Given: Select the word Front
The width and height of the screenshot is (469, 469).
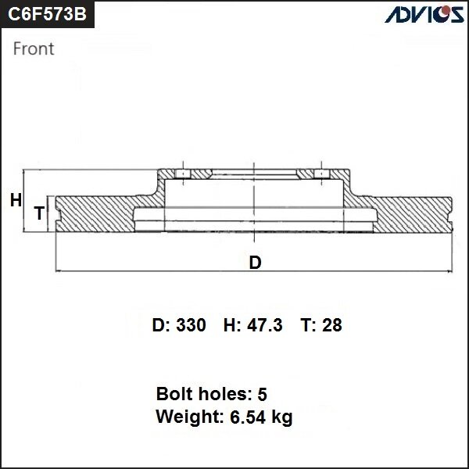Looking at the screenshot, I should (34, 48).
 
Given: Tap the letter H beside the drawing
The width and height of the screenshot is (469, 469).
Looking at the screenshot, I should (16, 201).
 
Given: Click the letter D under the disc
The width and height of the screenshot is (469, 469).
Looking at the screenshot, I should (255, 263).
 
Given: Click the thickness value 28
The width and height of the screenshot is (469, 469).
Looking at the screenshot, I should (332, 325).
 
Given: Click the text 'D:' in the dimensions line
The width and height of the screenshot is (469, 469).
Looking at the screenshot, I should (160, 325).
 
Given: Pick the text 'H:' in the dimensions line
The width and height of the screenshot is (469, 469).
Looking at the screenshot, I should (232, 325).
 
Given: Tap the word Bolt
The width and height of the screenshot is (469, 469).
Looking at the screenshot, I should (174, 393).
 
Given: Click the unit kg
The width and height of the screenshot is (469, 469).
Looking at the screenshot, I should (282, 418).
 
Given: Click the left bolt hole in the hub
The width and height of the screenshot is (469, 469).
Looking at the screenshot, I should (181, 174).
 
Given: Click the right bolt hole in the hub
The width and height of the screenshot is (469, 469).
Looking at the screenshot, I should (318, 174).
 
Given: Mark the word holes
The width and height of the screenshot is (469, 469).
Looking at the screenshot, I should (223, 393).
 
